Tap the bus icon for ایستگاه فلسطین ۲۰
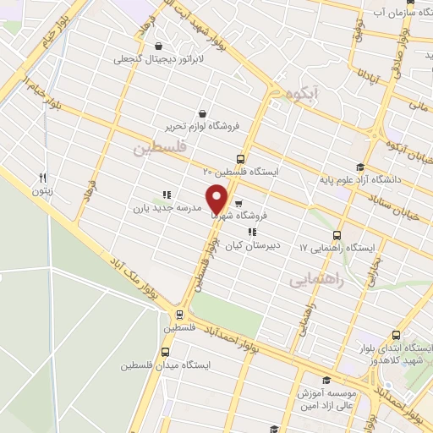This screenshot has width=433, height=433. (x=241, y=159)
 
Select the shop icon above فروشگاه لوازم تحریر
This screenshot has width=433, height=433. (x=202, y=113)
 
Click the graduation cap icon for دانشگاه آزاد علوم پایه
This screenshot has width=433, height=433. (x=360, y=167)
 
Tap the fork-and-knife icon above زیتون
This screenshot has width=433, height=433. (x=42, y=178)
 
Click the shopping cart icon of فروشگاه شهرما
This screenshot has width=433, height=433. (x=238, y=203)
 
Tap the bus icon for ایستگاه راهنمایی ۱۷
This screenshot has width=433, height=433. (x=337, y=235)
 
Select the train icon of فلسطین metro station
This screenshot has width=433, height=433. (x=168, y=315)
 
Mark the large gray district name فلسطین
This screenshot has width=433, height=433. (x=156, y=150)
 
